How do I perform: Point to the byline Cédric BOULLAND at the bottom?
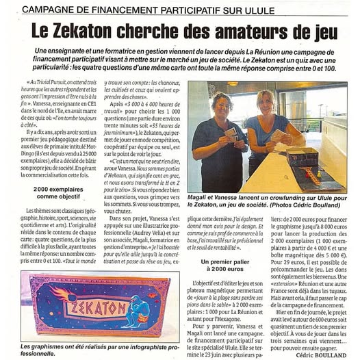click(x=325, y=355)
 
